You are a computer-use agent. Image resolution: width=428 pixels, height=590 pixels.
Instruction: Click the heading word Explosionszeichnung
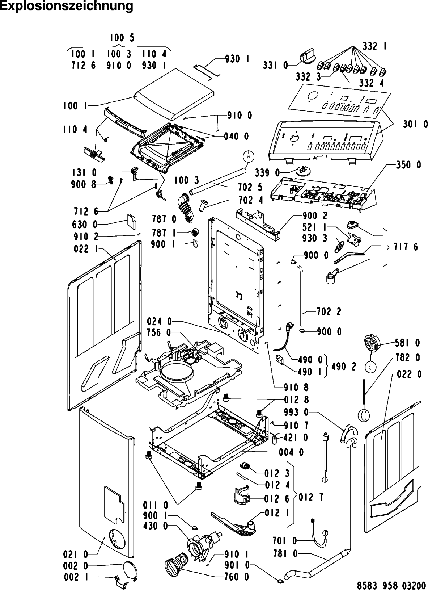(x=67, y=6)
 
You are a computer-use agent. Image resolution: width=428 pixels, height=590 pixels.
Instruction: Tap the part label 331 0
(x=276, y=65)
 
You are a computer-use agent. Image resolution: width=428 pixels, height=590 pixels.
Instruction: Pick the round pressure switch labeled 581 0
(x=371, y=342)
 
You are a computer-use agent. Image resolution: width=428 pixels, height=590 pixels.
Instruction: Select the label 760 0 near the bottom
(x=237, y=577)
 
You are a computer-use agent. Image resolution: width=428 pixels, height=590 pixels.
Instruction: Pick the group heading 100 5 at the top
(x=122, y=38)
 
